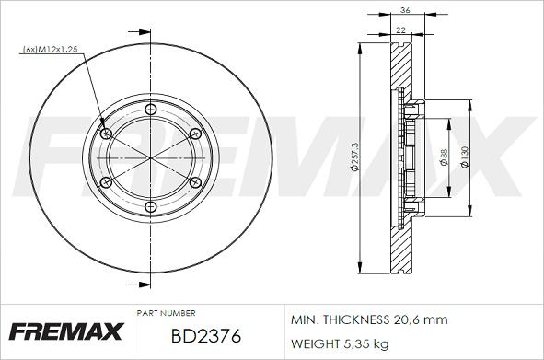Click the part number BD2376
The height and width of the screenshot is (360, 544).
206,336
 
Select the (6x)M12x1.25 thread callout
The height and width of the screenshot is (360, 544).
50,50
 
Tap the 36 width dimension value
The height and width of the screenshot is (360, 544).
405,10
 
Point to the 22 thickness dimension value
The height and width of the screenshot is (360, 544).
400,30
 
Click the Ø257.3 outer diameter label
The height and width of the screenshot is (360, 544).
354,157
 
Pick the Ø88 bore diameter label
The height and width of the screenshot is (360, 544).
444,157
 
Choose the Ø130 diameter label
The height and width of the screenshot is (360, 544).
465,157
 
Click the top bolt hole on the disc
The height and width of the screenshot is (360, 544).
151,109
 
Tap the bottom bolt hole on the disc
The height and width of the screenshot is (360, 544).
151,207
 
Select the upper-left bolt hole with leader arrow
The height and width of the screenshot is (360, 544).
106,134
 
